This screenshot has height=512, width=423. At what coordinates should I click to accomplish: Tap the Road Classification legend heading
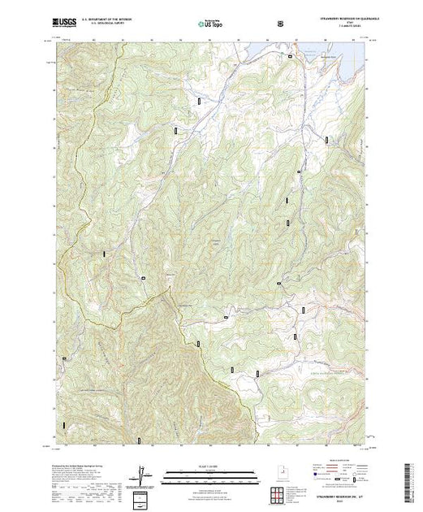pos(340,463)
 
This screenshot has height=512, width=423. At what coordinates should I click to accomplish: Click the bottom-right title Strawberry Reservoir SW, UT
pos(336,493)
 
